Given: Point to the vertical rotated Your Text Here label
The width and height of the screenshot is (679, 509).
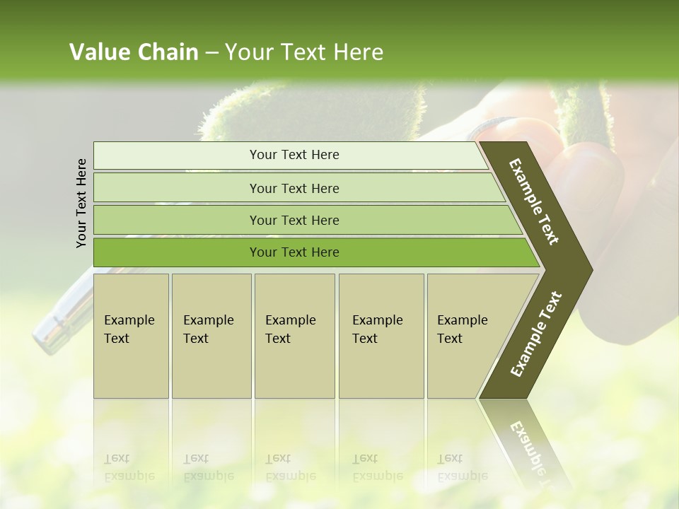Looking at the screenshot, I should tap(81, 203).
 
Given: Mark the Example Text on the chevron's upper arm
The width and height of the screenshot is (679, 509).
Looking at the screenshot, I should tap(534, 201).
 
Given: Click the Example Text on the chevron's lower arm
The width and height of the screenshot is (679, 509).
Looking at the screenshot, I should tap(535, 334).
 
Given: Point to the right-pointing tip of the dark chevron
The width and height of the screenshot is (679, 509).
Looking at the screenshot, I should tap(588, 269).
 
